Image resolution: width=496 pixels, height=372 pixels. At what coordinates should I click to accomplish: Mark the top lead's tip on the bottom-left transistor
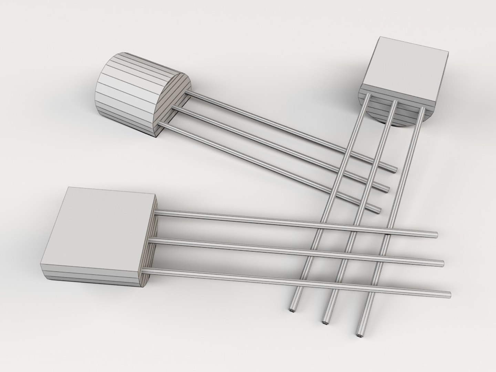[x=436, y=235]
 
